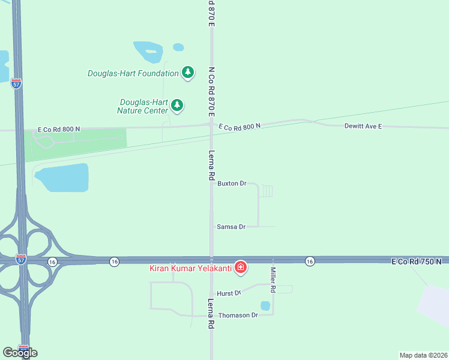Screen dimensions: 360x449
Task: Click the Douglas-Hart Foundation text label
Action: (133, 74)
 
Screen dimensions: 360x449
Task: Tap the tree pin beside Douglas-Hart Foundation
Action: (188, 73)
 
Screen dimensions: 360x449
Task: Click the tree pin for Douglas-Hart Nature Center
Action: (176, 105)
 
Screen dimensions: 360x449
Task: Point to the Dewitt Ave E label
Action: (363, 126)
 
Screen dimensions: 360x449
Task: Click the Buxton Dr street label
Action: (232, 183)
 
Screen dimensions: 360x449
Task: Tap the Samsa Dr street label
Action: (231, 227)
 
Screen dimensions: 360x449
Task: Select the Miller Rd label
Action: (273, 280)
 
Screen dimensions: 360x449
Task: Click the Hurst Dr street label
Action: (229, 293)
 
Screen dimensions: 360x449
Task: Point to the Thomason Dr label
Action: (238, 315)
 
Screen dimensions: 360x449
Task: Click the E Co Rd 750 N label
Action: (416, 262)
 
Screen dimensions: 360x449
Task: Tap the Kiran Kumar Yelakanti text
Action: (190, 268)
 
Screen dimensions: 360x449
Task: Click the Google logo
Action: (20, 352)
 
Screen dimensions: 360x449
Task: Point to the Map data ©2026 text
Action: (423, 355)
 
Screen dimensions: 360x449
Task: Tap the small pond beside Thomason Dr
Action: (265, 306)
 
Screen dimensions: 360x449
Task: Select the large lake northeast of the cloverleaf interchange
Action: (62, 178)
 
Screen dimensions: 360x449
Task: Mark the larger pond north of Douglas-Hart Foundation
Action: (148, 52)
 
